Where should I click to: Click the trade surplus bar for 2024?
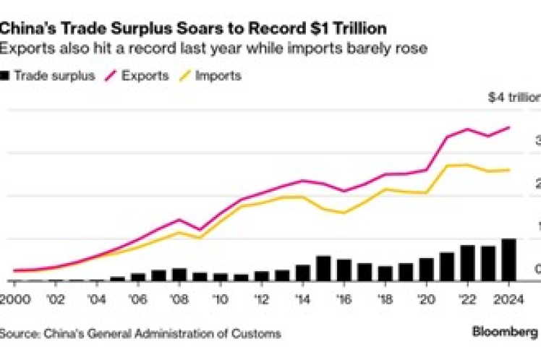508,260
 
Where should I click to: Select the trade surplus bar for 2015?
323,268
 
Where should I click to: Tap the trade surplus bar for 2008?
179,275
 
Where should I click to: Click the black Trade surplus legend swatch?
7,75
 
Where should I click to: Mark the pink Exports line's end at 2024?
509,127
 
